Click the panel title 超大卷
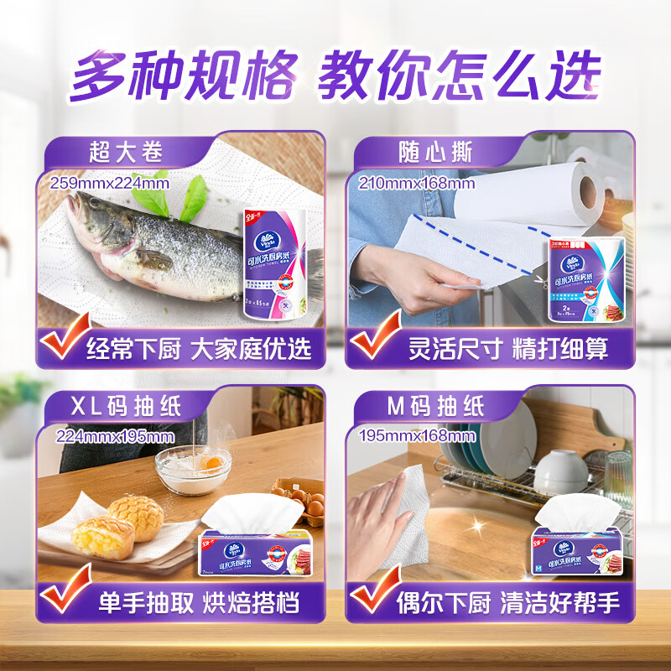tap(126, 152)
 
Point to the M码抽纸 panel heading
tap(436, 408)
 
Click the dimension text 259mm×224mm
tap(109, 182)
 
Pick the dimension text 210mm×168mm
tap(416, 183)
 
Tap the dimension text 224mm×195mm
tap(115, 436)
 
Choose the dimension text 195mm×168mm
tap(416, 436)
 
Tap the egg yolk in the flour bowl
tap(213, 460)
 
